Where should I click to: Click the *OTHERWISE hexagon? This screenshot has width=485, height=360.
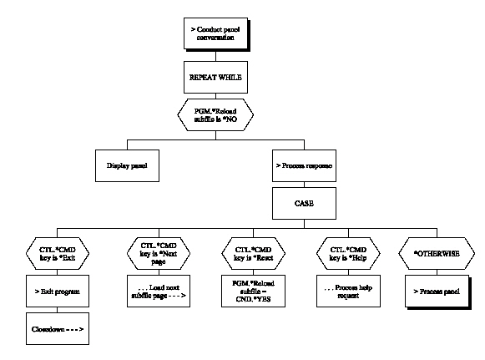(437, 249)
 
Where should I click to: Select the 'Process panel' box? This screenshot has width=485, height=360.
(437, 292)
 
